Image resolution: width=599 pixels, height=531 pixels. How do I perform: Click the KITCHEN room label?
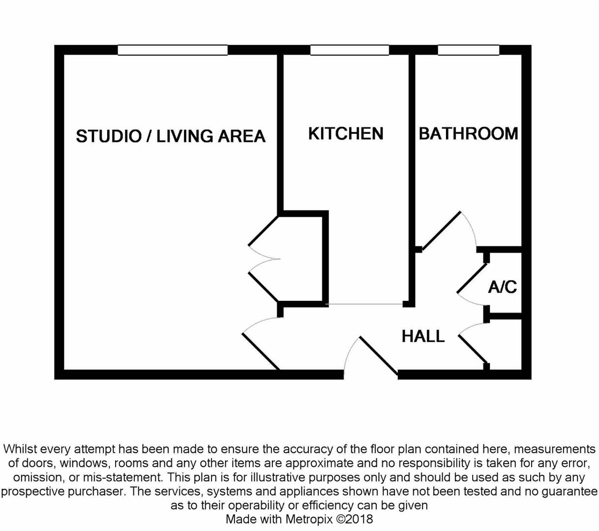pos(345,134)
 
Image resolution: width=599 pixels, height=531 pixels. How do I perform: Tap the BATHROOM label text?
pos(468,134)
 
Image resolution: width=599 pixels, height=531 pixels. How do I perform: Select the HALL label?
pos(423,336)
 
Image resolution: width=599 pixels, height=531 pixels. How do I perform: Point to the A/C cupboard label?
pos(502,287)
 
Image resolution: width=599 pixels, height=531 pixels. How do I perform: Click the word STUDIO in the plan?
pos(108,136)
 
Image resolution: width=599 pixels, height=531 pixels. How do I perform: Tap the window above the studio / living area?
pos(173,50)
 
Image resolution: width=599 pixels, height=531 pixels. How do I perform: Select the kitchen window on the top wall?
pos(349,50)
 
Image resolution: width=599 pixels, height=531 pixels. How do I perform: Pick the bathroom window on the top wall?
pos(468,50)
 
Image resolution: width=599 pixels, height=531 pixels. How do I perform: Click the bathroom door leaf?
pos(441,231)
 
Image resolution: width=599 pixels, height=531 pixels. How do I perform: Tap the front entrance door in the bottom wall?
pos(379,355)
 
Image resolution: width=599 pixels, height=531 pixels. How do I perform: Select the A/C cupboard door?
pos(472,279)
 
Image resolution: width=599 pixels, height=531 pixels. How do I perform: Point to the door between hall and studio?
pos(261,351)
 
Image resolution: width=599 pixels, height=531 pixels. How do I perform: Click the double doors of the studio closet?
pos(264,259)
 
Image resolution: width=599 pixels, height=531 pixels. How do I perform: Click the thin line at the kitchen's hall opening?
pos(365,304)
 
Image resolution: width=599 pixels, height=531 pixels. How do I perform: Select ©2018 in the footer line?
pos(355,519)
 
